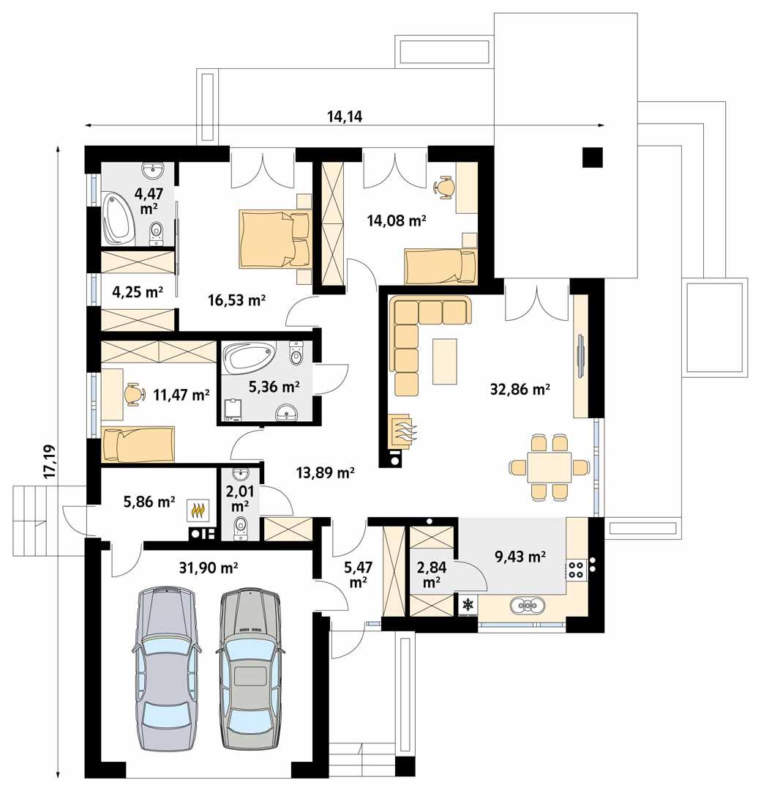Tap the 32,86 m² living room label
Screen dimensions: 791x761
pyautogui.click(x=520, y=390)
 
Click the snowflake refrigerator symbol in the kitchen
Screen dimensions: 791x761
pyautogui.click(x=467, y=605)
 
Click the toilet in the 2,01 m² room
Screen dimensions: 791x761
pyautogui.click(x=241, y=526)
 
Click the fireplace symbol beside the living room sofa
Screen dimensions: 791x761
pyautogui.click(x=402, y=431)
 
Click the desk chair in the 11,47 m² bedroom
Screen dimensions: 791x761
pyautogui.click(x=132, y=394)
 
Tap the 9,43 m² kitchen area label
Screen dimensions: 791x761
pyautogui.click(x=520, y=557)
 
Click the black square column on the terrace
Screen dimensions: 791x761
pyautogui.click(x=592, y=157)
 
